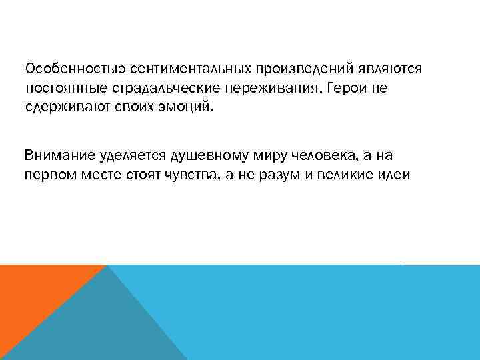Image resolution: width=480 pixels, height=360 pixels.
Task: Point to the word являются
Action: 390,70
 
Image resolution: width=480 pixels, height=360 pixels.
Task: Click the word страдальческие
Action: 167,89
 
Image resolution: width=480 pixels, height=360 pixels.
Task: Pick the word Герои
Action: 351,89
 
